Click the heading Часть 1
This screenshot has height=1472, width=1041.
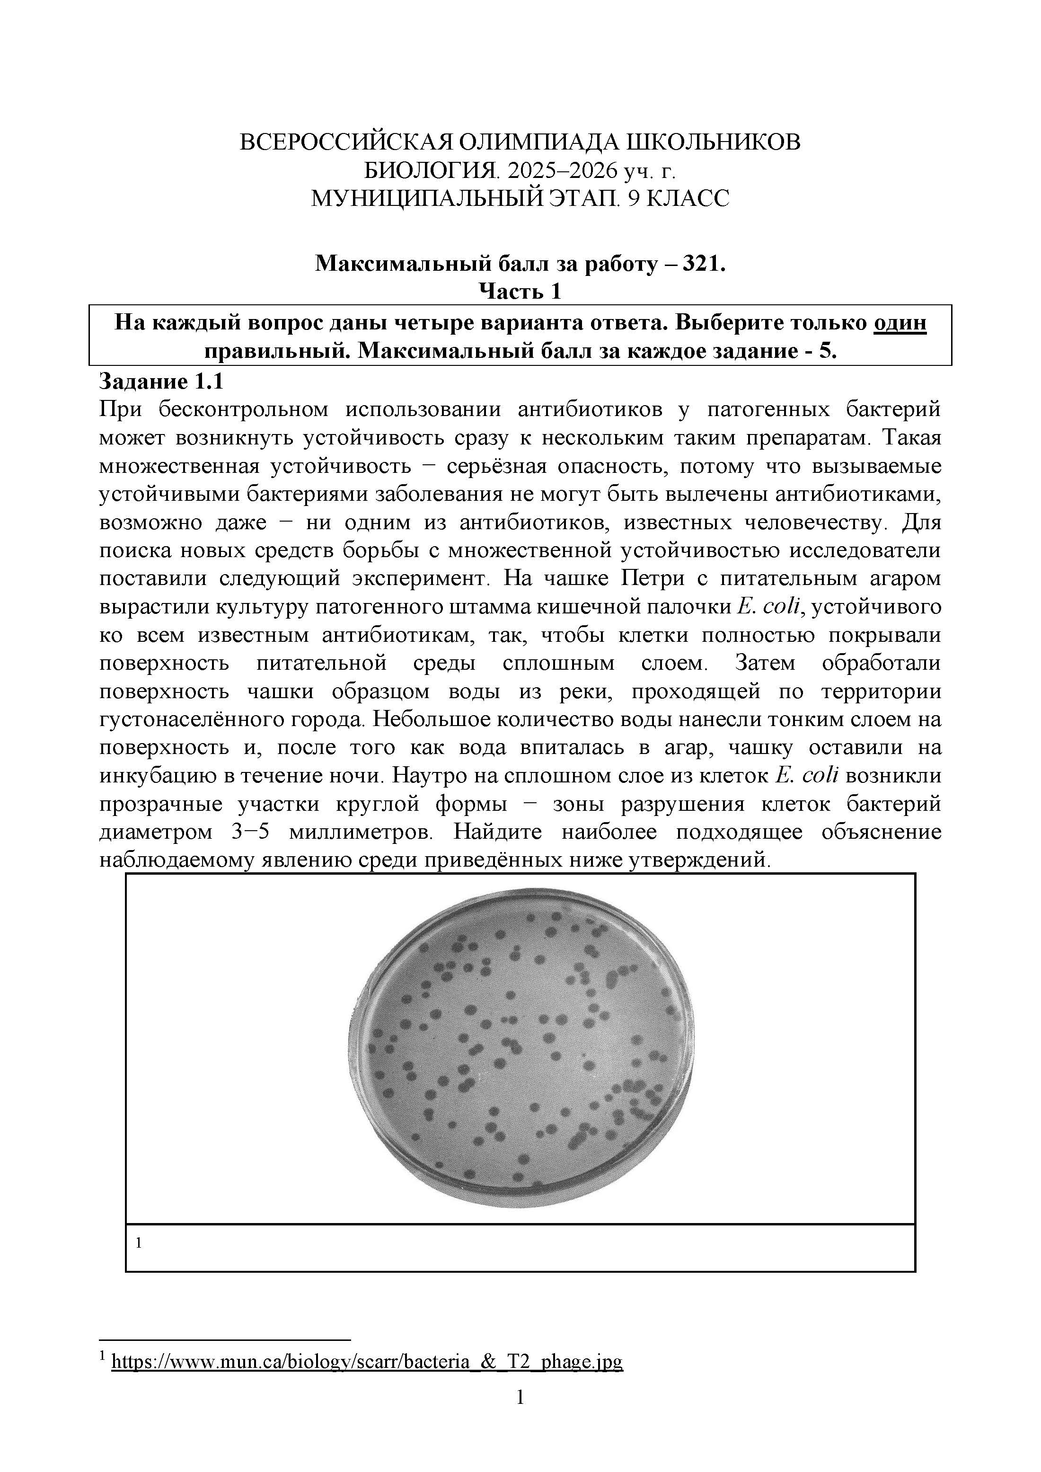(520, 291)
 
